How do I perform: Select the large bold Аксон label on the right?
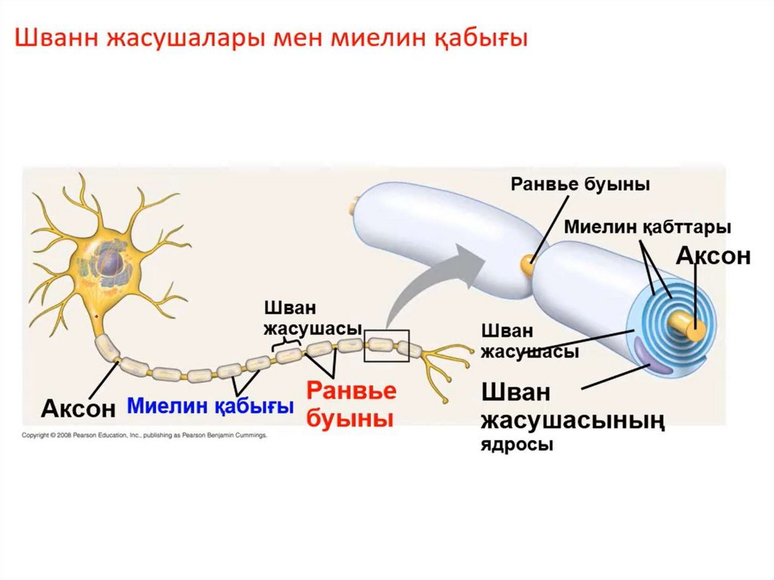(x=713, y=256)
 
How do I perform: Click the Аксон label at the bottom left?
(x=79, y=408)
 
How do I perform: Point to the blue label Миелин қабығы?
(x=210, y=406)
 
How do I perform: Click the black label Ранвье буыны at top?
(x=580, y=185)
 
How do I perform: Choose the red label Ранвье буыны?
(x=351, y=405)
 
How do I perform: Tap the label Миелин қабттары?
(x=648, y=227)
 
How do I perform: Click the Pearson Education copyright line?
(x=144, y=436)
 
